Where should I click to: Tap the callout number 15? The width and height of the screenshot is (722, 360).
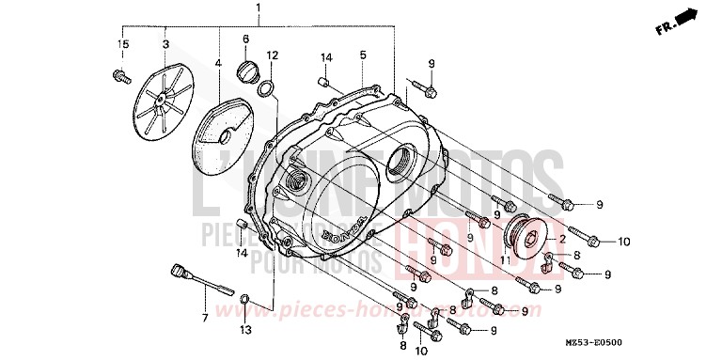point(122,44)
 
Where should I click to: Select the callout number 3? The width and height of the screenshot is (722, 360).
point(165,44)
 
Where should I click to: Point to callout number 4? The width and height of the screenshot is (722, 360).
point(218,64)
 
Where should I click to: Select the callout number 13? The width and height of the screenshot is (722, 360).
point(244,329)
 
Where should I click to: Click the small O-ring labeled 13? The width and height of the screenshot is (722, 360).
point(244,300)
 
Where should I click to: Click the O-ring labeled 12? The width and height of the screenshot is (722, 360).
point(269,89)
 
